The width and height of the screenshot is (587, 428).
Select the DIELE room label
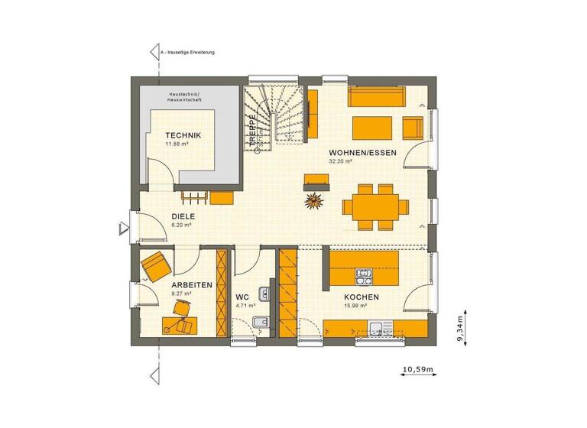183,217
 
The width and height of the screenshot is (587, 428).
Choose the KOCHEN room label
362,297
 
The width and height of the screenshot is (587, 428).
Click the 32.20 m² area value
340,162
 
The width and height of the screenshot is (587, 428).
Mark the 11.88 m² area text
177,144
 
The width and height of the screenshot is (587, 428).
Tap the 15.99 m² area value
355,306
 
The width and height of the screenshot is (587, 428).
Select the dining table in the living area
371,205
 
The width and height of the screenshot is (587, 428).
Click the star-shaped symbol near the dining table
313,202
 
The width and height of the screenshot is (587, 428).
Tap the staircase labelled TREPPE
275,115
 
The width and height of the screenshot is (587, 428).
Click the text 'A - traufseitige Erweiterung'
188,53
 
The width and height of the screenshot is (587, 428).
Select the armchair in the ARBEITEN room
156,264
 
